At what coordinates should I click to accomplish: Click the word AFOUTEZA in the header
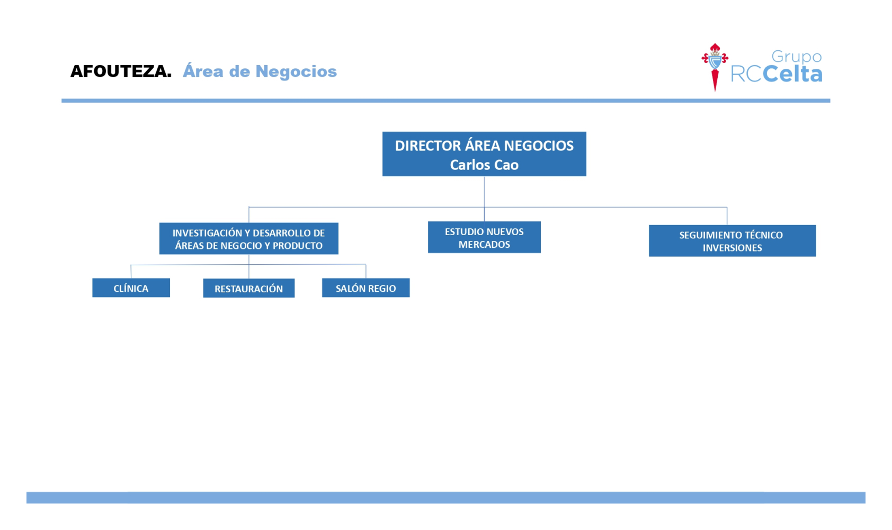[x=121, y=71]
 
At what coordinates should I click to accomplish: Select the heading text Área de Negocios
[x=260, y=71]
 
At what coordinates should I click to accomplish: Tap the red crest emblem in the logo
[x=715, y=67]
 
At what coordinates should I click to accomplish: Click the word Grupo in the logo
[x=797, y=57]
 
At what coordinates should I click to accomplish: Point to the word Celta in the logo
[x=792, y=74]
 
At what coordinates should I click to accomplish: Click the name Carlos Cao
[x=484, y=165]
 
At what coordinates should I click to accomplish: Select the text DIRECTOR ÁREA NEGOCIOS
[x=484, y=146]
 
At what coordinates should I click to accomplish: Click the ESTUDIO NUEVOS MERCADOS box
[x=484, y=237]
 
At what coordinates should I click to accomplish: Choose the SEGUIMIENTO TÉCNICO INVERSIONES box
[x=733, y=241]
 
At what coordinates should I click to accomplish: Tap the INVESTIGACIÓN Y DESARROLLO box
[x=249, y=238]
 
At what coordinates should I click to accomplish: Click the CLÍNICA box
[x=131, y=288]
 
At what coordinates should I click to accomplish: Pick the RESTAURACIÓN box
[x=249, y=288]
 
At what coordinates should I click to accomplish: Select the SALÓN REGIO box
[x=366, y=288]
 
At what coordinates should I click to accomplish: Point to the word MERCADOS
[x=484, y=245]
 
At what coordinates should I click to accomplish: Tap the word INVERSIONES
[x=733, y=248]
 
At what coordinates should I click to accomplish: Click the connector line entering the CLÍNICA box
[x=131, y=272]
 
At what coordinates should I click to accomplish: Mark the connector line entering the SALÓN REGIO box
[x=366, y=271]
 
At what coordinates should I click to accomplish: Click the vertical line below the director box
[x=484, y=199]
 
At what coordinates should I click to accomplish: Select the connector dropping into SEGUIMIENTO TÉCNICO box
[x=727, y=216]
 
